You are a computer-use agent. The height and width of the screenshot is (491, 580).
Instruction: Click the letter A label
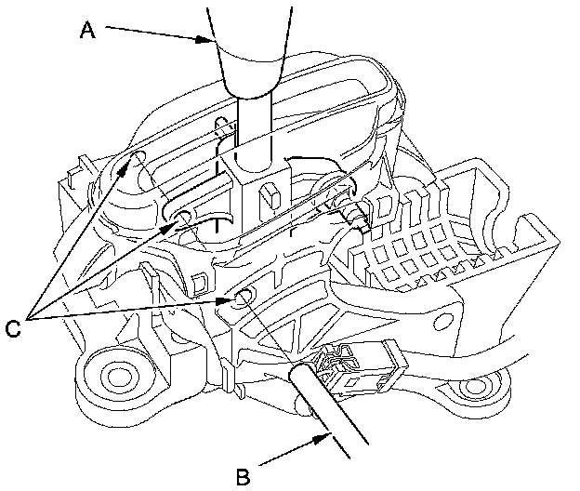pyautogui.click(x=87, y=31)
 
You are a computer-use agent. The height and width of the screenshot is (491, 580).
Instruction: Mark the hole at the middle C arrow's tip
pyautogui.click(x=181, y=218)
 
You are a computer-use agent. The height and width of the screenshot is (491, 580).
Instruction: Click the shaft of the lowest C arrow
pyautogui.click(x=130, y=311)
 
